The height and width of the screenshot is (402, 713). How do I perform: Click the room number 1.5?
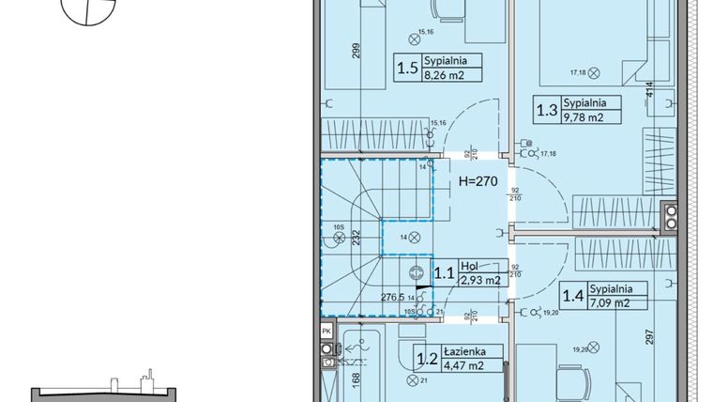406,68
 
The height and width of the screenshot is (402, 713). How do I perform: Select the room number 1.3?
545,110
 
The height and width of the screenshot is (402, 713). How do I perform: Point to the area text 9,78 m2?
584,117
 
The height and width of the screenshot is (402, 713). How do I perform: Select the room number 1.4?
571,297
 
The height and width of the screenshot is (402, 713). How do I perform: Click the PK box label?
326,332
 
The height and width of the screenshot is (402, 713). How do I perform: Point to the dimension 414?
648,90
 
